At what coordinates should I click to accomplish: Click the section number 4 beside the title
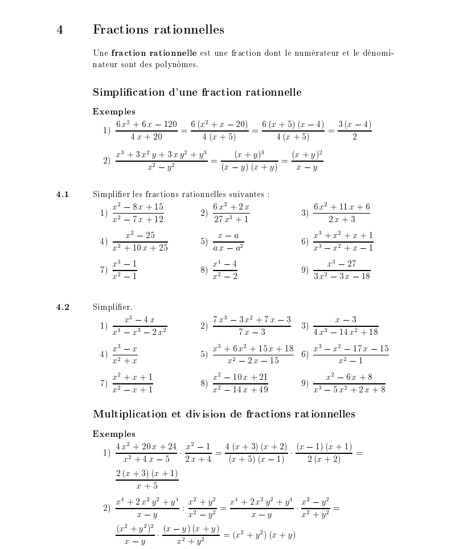click(60, 30)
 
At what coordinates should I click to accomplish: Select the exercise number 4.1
click(63, 195)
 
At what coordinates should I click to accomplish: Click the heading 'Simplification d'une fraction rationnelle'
click(197, 92)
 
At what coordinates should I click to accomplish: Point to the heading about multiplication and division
click(224, 414)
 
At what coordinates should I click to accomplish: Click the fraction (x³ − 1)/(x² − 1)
click(124, 270)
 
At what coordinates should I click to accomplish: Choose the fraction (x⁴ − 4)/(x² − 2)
click(224, 270)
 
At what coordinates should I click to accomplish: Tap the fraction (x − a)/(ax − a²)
click(228, 241)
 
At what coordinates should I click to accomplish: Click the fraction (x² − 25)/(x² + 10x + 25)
click(140, 241)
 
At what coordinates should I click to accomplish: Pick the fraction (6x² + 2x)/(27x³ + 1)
click(231, 213)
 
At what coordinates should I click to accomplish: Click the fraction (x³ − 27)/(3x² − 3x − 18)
click(342, 270)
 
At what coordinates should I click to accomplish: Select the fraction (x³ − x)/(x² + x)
click(125, 354)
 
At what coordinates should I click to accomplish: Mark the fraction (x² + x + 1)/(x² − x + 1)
click(132, 383)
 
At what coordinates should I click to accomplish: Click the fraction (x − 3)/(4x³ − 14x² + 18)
click(346, 326)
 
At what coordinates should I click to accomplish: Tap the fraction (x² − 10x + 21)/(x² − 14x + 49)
click(240, 383)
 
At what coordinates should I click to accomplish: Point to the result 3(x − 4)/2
click(354, 130)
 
